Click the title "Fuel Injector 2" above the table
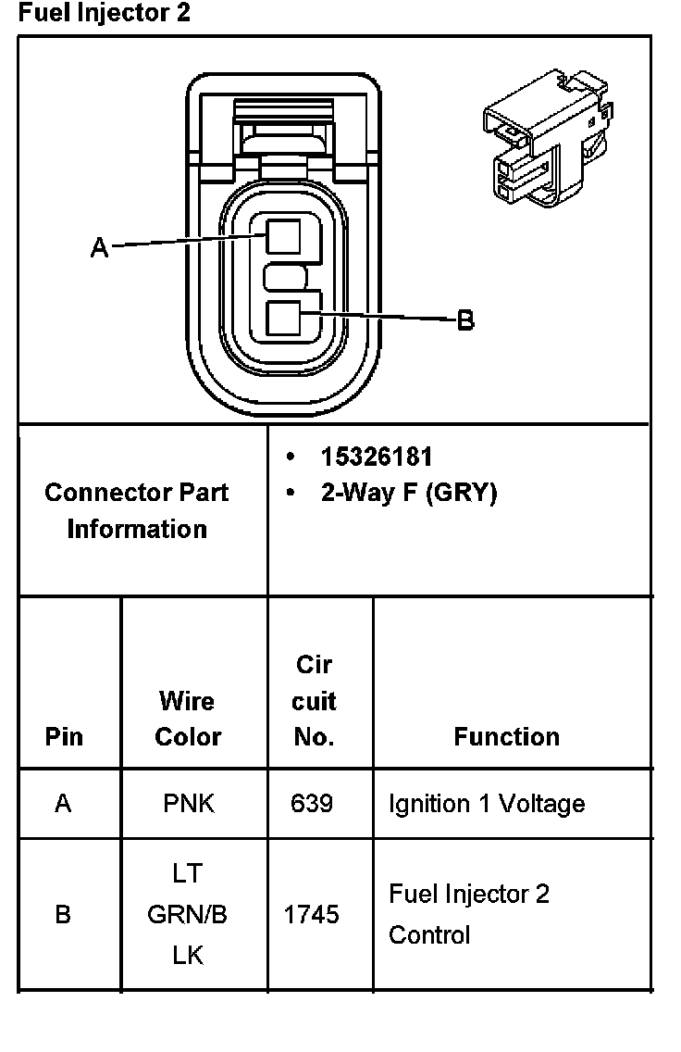point(104,14)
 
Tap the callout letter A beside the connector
point(100,247)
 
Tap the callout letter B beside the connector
point(466,320)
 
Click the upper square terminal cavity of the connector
point(283,235)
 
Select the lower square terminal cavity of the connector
point(283,319)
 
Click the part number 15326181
point(376,457)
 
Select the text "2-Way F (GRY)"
point(408,493)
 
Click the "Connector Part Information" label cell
point(137,510)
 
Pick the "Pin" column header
point(64,736)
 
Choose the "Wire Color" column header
point(188,719)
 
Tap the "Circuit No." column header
point(313,701)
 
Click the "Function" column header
point(506,736)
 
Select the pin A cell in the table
point(63,803)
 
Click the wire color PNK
point(188,803)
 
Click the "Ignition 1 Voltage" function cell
point(487,803)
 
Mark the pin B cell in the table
point(63,915)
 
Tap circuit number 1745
point(311,915)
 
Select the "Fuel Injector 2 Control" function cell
point(468,914)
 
